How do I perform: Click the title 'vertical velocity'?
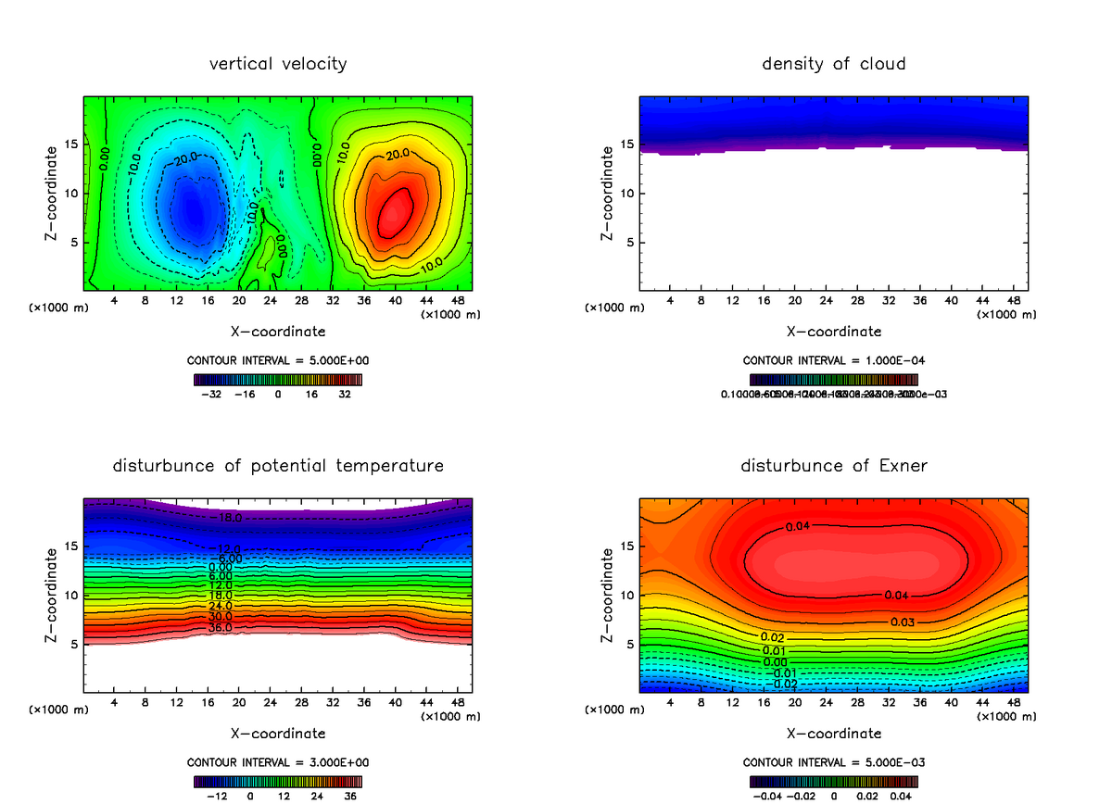click(278, 64)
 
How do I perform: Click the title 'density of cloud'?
click(833, 64)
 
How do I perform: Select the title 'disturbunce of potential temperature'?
click(278, 466)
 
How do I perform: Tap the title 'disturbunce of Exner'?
click(833, 466)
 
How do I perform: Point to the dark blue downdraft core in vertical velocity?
click(190, 208)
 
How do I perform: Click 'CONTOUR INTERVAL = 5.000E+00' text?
click(278, 360)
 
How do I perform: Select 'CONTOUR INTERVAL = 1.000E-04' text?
click(833, 360)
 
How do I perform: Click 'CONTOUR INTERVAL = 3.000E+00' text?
click(278, 762)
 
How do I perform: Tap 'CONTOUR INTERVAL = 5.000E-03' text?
click(833, 762)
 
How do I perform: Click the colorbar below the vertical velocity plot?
click(278, 379)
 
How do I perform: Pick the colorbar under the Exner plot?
click(833, 781)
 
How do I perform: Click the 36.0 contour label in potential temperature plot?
click(221, 628)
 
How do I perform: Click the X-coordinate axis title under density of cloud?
click(833, 331)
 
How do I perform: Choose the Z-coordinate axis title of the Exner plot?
click(607, 595)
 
